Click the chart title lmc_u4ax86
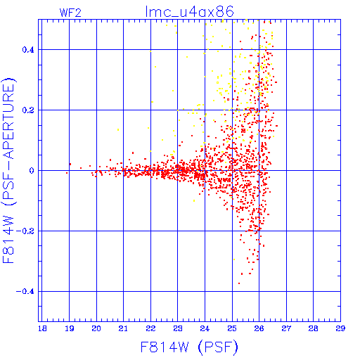(189, 12)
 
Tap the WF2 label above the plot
(70, 13)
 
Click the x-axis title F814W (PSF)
(189, 347)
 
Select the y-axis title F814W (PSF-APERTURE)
(8, 170)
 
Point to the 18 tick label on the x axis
(42, 328)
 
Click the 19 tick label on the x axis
(70, 328)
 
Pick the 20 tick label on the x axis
(96, 328)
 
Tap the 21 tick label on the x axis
(123, 328)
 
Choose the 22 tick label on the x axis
(150, 328)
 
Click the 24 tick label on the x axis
(205, 328)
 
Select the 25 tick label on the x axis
(232, 328)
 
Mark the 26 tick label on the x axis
(259, 328)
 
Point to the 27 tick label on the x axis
(286, 328)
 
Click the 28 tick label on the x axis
(314, 328)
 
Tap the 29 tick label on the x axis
(340, 328)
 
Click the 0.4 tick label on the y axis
(28, 50)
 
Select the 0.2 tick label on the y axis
(28, 110)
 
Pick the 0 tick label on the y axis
(32, 171)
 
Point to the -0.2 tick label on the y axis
(25, 231)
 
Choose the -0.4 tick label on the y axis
(25, 292)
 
